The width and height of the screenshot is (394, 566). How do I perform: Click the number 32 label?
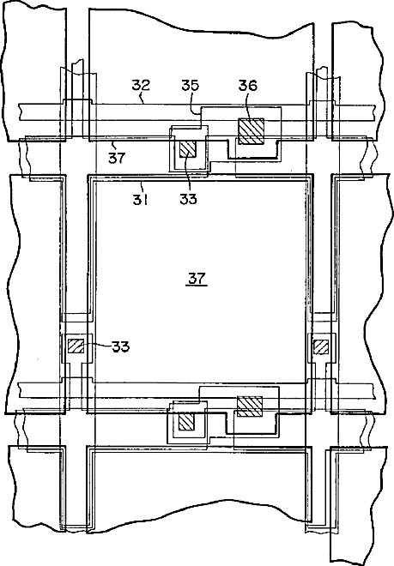[141, 86]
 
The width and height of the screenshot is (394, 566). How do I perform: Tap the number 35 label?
[191, 86]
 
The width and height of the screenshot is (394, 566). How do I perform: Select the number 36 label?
[248, 86]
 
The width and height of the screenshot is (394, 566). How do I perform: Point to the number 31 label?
[141, 200]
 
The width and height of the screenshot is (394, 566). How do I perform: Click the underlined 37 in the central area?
[197, 279]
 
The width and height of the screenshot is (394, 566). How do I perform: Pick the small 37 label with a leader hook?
[117, 158]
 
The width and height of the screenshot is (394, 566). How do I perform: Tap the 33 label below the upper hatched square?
[188, 199]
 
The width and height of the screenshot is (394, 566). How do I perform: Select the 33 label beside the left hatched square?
[121, 347]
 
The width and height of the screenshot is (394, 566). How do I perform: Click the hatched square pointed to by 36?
[251, 131]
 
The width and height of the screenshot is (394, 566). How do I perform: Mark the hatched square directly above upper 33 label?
[187, 148]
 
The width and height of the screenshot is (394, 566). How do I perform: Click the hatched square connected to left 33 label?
[76, 346]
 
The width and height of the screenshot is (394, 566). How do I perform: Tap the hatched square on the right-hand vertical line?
[321, 347]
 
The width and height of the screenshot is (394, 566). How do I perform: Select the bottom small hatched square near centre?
[187, 422]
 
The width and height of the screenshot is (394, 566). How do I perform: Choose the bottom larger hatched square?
[250, 406]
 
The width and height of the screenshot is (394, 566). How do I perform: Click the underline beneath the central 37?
[197, 286]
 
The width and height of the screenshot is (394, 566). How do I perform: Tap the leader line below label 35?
[197, 103]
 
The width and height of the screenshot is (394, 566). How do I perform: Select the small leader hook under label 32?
[142, 98]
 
